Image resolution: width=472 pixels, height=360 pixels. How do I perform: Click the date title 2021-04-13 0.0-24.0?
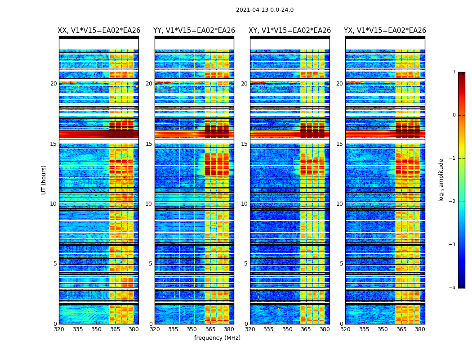click(265, 10)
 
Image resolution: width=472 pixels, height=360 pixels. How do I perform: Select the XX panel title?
click(99, 31)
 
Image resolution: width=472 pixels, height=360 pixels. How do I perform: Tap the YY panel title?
click(194, 31)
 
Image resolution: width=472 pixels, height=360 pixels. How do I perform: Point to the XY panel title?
click(290, 31)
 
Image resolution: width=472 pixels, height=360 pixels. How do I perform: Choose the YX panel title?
click(385, 31)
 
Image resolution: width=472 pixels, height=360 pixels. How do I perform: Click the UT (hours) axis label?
click(44, 180)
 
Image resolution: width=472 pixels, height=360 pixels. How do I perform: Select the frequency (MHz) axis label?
click(217, 338)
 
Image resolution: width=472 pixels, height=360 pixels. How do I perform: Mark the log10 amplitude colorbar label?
click(441, 180)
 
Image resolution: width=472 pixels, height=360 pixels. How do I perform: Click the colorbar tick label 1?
click(454, 72)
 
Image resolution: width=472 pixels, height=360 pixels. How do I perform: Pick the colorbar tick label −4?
click(453, 288)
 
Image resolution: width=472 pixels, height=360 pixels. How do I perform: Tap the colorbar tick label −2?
click(453, 202)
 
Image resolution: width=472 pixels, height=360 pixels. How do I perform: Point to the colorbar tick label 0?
click(454, 115)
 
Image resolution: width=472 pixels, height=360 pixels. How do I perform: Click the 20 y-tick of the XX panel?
click(53, 84)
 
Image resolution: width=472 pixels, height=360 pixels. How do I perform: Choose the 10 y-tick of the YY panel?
click(149, 204)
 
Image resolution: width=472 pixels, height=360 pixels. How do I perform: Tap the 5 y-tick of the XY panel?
click(246, 264)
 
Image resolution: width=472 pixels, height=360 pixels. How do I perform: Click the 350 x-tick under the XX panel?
click(96, 329)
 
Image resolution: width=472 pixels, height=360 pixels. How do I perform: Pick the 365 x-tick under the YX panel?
click(401, 329)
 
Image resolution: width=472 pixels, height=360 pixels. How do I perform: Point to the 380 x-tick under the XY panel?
click(325, 329)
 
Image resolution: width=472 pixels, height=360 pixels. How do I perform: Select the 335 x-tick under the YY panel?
click(174, 329)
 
